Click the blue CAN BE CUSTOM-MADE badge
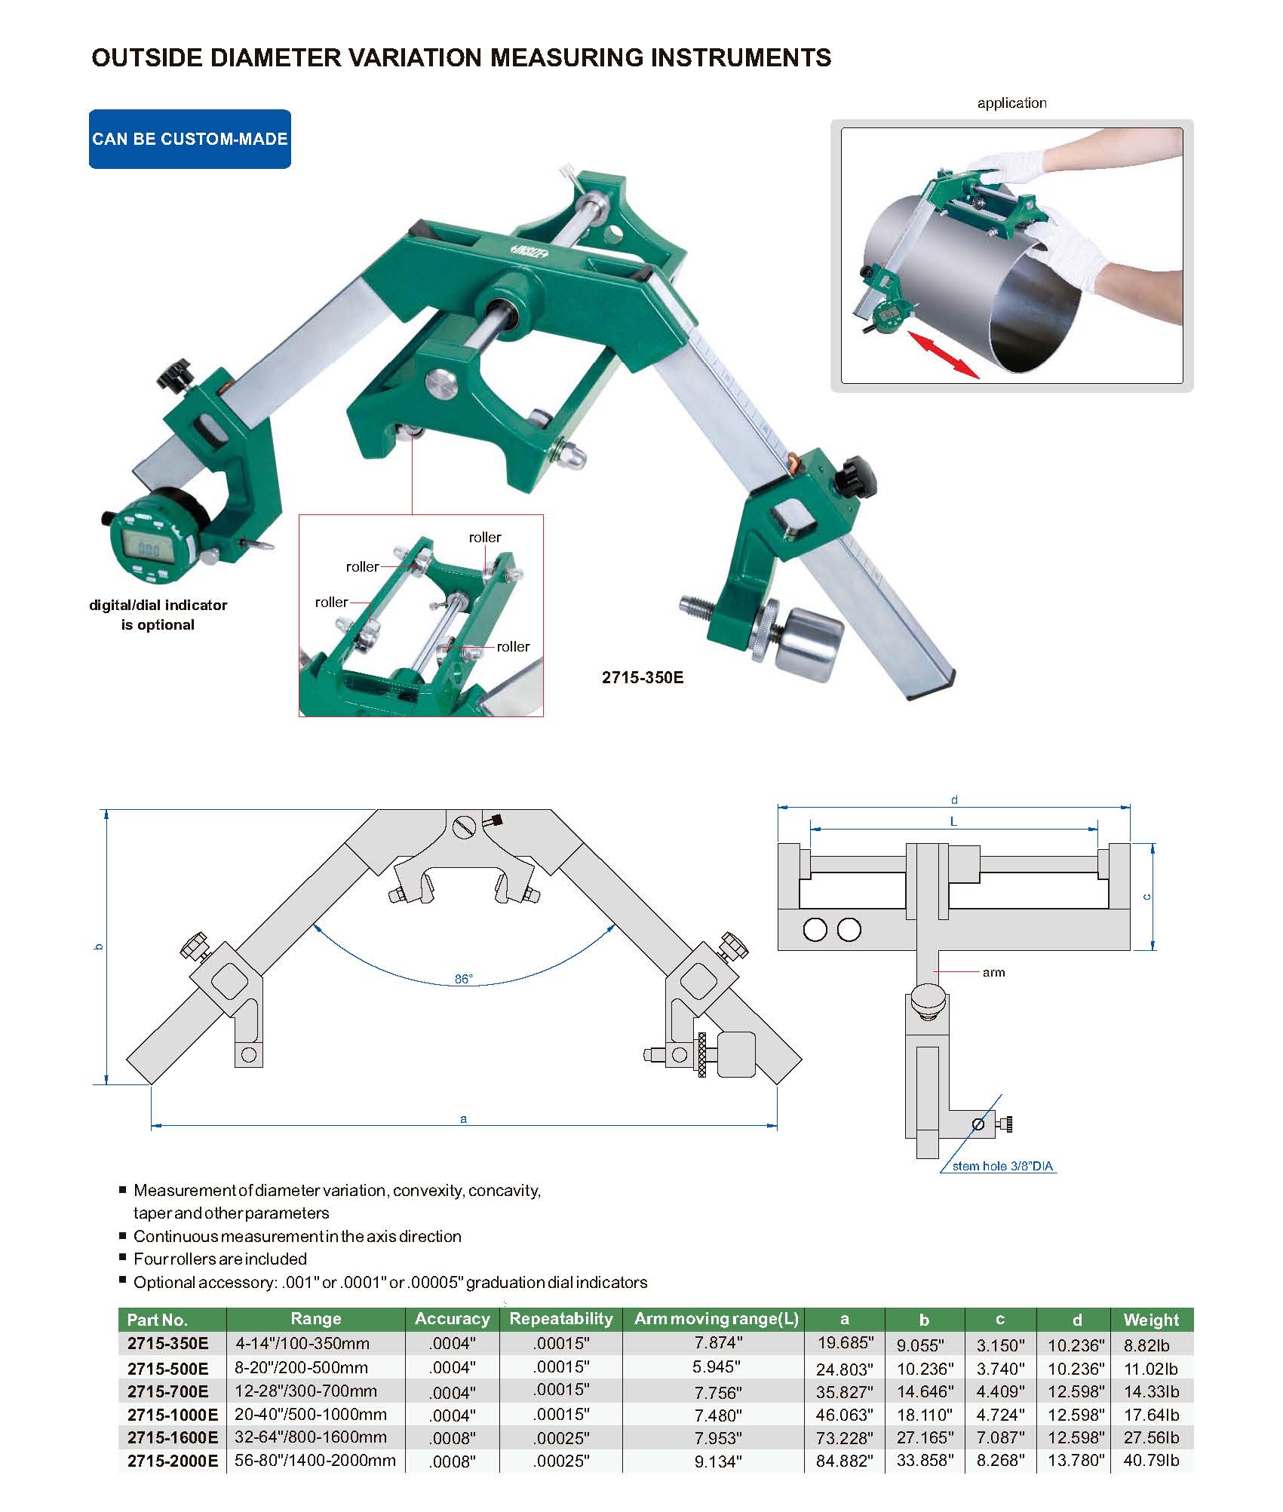190,139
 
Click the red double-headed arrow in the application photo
944,354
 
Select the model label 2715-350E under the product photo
643,677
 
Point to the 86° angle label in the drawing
463,979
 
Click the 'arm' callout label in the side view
993,973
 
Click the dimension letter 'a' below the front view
463,1119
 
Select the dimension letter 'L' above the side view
953,821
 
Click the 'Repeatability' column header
561,1318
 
